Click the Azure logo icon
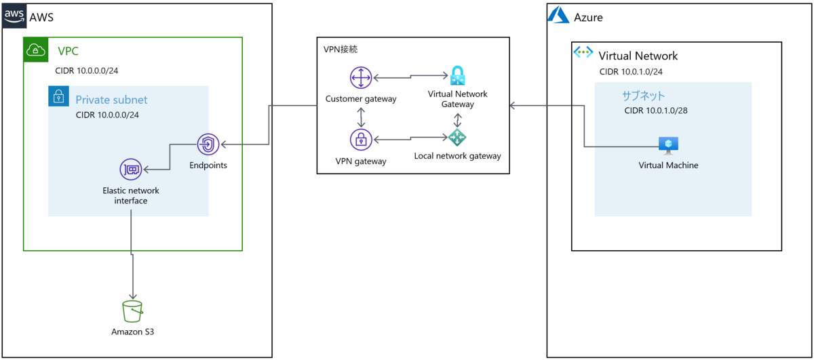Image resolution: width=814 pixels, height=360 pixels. (558, 16)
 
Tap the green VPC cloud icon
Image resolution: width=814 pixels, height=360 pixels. (35, 49)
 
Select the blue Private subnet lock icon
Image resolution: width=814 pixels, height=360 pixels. (59, 97)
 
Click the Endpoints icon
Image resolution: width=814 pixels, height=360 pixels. (208, 144)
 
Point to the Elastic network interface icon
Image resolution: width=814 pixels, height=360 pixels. (130, 169)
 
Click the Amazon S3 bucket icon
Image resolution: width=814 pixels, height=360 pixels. (133, 312)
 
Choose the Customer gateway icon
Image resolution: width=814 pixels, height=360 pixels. (361, 79)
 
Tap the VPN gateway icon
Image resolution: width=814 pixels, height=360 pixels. (361, 140)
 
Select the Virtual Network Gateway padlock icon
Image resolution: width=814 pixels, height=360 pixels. (458, 75)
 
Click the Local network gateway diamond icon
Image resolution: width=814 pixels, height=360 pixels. (458, 138)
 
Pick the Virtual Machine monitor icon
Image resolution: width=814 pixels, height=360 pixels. (668, 145)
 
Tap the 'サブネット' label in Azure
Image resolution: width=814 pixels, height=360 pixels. (643, 96)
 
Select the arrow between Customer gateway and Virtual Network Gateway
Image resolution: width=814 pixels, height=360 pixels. (409, 77)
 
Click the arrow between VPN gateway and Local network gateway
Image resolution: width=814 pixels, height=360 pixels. (409, 140)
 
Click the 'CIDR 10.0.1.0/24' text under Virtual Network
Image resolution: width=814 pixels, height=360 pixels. (631, 71)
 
